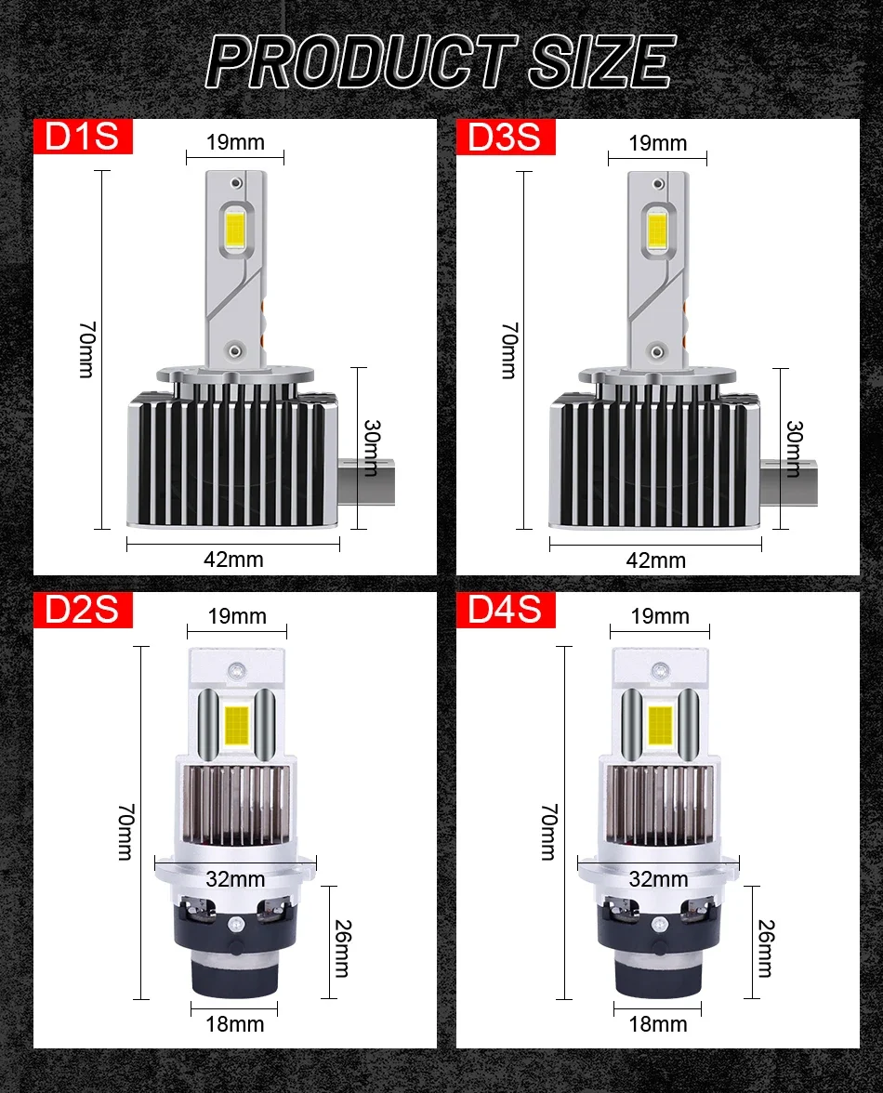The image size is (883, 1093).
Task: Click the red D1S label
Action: (x=84, y=137)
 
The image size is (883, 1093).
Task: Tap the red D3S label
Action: (x=505, y=137)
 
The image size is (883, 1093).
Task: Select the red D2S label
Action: (x=84, y=611)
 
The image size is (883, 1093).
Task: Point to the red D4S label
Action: (x=505, y=611)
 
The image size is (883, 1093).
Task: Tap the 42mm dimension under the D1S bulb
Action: (x=233, y=559)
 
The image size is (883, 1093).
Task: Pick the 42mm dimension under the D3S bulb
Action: (x=656, y=560)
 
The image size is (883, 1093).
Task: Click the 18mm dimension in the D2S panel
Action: (x=234, y=1023)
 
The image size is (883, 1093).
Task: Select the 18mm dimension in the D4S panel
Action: (x=658, y=1023)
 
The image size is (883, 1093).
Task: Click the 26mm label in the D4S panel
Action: (x=765, y=948)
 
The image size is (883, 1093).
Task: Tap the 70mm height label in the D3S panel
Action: (x=507, y=350)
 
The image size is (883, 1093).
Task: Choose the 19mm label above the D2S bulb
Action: (x=237, y=616)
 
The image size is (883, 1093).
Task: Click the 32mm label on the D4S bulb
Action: (x=658, y=878)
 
